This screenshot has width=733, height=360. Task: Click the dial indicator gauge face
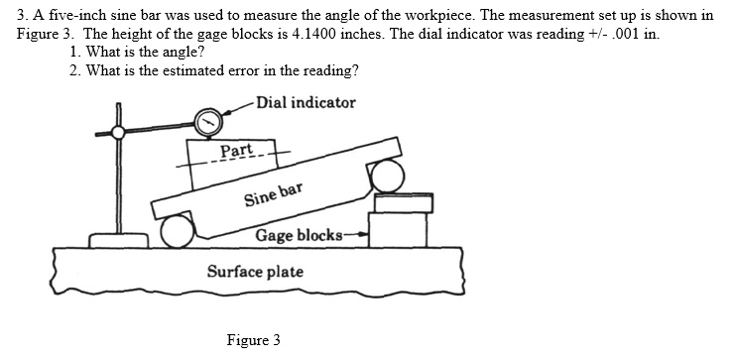210,123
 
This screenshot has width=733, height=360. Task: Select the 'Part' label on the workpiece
235,150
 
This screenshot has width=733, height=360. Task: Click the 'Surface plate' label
255,272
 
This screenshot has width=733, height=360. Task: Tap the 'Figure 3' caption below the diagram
253,340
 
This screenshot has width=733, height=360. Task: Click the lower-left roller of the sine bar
178,231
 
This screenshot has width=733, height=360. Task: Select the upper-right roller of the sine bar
388,178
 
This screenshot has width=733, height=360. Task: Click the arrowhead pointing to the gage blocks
362,235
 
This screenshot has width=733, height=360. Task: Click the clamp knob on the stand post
118,131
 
